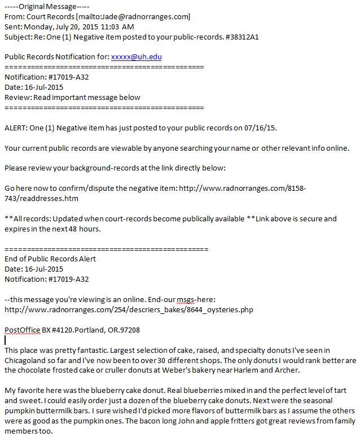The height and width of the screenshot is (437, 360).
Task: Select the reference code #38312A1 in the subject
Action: (x=243, y=37)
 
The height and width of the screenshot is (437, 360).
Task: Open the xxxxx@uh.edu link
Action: (x=137, y=57)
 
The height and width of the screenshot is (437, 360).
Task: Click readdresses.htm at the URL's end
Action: (x=50, y=199)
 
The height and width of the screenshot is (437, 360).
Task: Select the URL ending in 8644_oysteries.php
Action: (x=129, y=309)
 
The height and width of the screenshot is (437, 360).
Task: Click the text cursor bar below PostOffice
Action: (x=5, y=340)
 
